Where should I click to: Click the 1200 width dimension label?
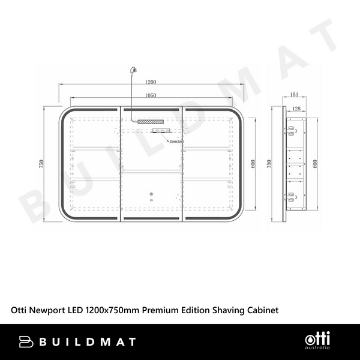click(151, 82)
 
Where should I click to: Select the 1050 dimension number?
click(151, 95)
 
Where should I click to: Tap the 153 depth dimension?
click(294, 95)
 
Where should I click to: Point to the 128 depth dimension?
click(296, 108)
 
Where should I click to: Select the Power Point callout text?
click(176, 142)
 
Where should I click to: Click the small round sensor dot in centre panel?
click(151, 194)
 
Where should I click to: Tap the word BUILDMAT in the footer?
click(88, 341)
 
